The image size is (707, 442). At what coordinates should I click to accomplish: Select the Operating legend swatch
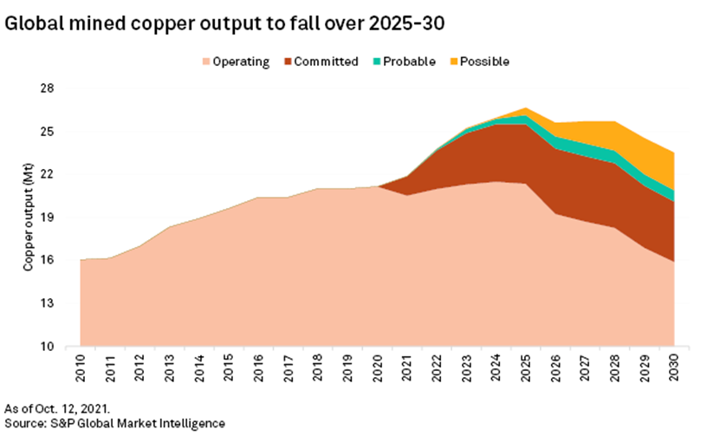click(206, 62)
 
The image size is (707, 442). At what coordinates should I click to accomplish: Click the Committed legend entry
click(320, 62)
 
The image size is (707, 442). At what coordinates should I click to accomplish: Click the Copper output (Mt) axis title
click(29, 217)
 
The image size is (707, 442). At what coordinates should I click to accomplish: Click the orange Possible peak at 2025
click(526, 110)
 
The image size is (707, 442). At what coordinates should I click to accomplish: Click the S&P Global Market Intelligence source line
click(114, 423)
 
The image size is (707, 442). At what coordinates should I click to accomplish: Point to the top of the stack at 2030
click(673, 153)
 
